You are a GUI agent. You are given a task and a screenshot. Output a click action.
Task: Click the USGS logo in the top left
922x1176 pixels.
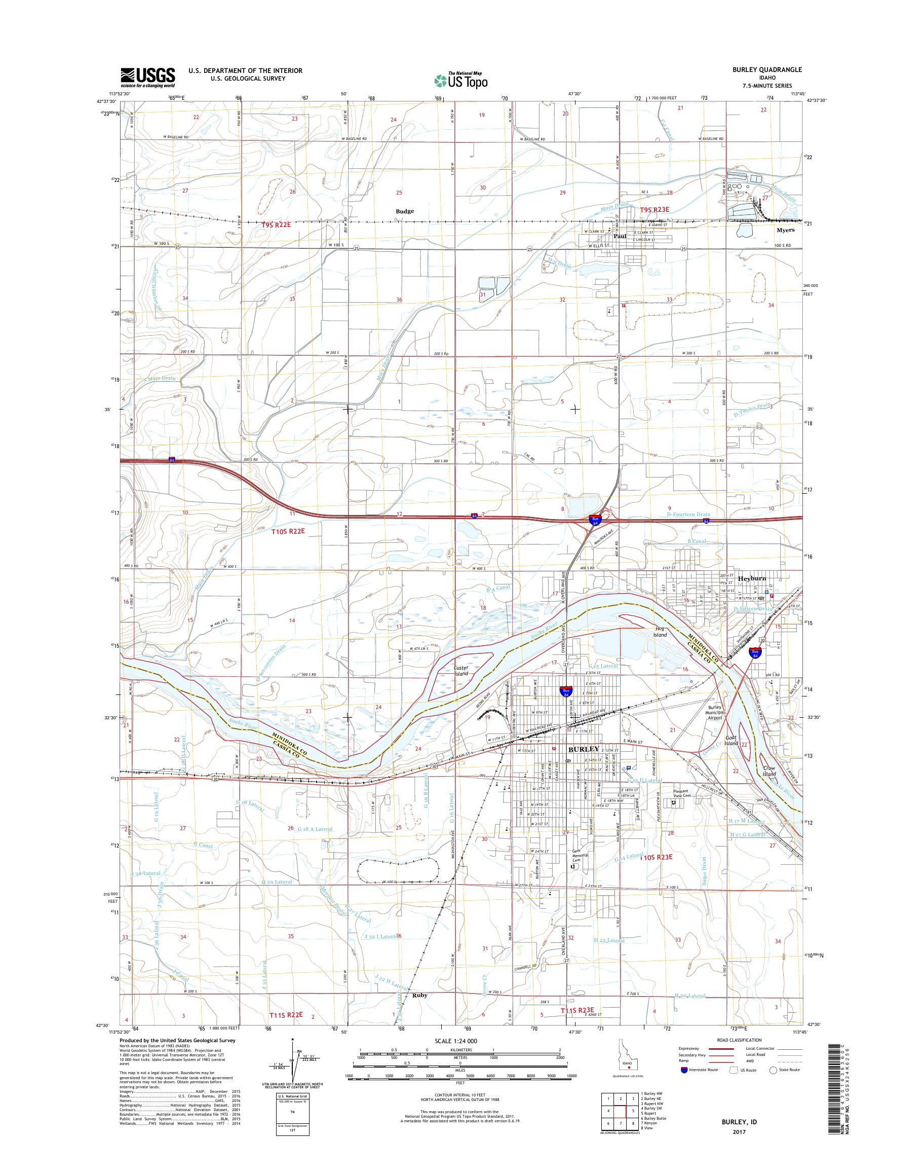(147, 77)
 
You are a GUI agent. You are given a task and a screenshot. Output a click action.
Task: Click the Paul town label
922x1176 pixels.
(619, 236)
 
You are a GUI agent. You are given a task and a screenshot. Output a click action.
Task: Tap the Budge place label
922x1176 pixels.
(404, 211)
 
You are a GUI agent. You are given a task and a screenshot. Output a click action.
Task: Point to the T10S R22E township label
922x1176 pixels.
(288, 531)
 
